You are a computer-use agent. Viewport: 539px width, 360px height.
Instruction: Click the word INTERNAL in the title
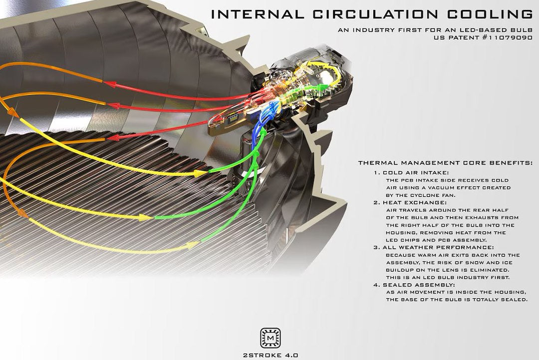[258, 14]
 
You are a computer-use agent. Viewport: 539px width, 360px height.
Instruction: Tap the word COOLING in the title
[490, 14]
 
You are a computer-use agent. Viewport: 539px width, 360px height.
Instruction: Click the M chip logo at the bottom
[270, 338]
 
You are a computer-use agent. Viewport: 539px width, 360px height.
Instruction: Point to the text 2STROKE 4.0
[270, 355]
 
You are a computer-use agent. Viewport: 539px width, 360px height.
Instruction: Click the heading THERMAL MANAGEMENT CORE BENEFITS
[445, 163]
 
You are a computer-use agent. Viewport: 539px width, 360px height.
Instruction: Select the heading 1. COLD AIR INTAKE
[411, 173]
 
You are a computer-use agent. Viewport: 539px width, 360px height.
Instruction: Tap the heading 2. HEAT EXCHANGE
[410, 202]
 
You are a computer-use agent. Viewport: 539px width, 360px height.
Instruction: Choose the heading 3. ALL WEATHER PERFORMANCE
[434, 247]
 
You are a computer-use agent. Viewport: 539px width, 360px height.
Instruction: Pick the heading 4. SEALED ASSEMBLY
[414, 285]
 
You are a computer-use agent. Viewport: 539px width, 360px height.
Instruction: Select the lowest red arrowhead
[113, 138]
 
